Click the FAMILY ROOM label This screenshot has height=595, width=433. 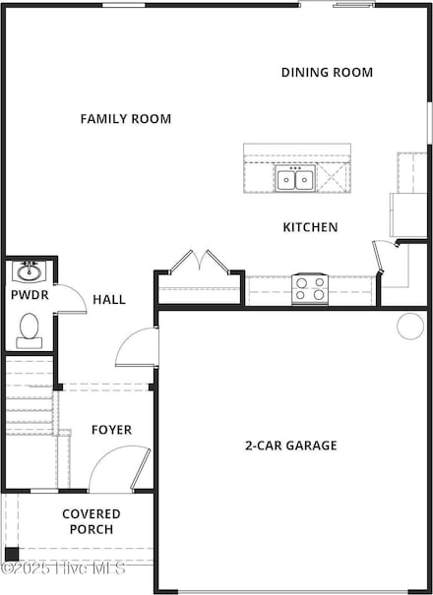[125, 119]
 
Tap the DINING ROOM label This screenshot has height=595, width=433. [327, 72]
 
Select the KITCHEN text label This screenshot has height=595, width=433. [310, 227]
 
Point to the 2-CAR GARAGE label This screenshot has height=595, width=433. [290, 446]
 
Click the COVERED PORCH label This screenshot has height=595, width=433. [92, 521]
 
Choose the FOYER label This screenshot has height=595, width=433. [111, 430]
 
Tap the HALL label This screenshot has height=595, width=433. [109, 299]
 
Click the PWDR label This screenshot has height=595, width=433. [27, 294]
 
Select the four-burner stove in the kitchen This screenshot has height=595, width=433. [310, 289]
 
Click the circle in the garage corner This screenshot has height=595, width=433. [409, 327]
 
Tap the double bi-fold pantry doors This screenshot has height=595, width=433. [200, 263]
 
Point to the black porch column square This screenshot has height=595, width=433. [11, 554]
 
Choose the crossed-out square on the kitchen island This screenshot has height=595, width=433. [333, 179]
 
